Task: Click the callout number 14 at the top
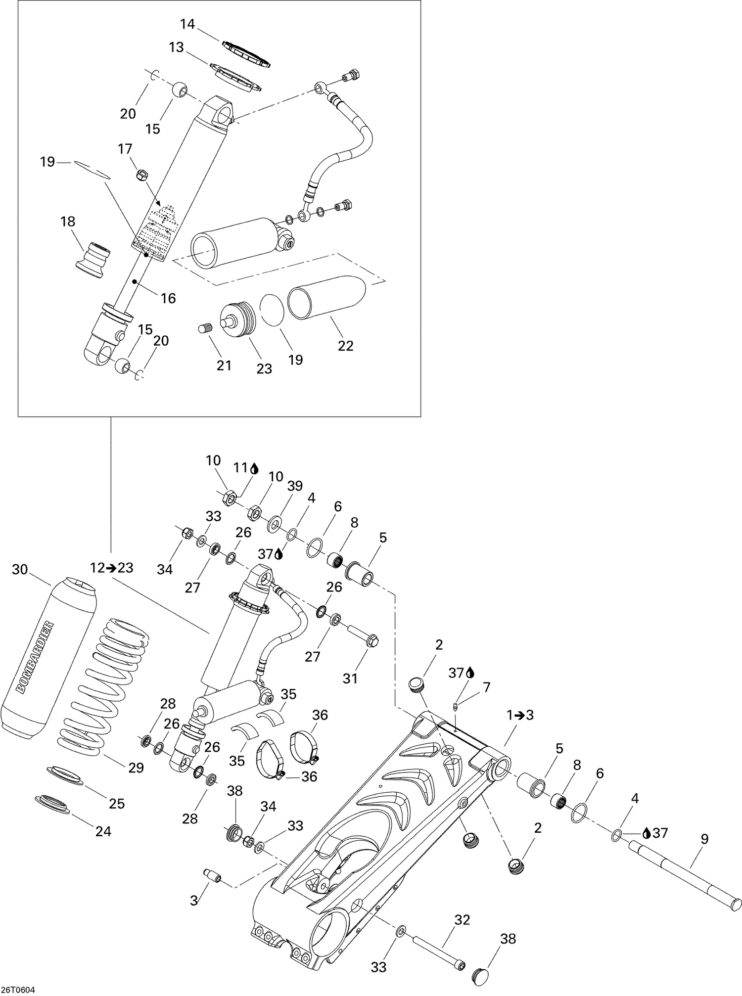click(187, 23)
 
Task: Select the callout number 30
click(20, 570)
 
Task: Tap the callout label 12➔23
click(112, 568)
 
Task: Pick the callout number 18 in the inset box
click(68, 221)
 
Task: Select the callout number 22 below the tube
click(345, 346)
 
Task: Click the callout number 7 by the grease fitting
click(486, 687)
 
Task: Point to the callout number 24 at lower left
click(103, 831)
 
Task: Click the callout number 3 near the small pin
click(194, 901)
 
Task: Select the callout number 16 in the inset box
click(169, 298)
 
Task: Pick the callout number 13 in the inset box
click(176, 47)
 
